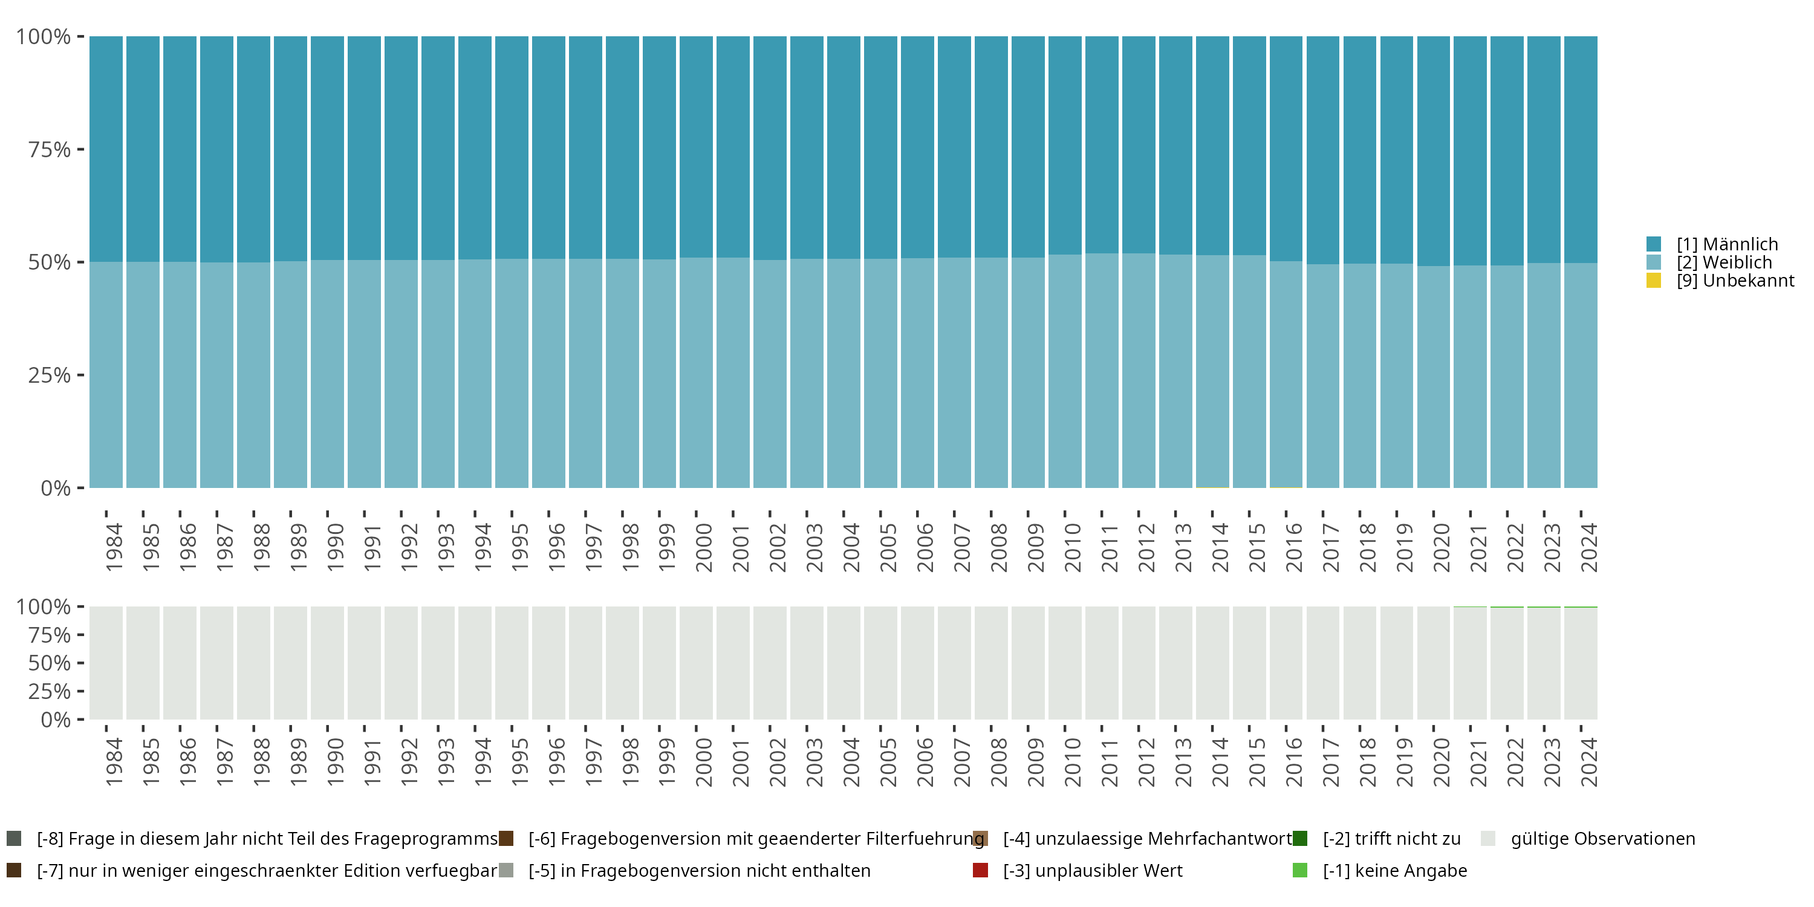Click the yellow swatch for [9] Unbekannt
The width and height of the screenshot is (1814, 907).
(1653, 281)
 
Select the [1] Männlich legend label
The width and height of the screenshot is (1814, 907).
(1727, 244)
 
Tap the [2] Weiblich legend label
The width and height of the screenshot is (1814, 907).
(1724, 262)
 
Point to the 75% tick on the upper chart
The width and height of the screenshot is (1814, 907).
(50, 149)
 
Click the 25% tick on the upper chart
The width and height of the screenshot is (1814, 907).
(50, 375)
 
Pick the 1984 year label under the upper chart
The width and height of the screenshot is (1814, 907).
(114, 547)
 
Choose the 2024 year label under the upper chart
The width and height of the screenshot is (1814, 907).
(1588, 547)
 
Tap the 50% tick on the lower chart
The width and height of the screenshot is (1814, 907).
(50, 663)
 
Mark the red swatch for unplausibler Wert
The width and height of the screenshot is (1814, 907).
(980, 870)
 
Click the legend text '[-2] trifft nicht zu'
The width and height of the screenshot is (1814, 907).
(1391, 839)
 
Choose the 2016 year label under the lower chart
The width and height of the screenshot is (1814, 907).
(1293, 762)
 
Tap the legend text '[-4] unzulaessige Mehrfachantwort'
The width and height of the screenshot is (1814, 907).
(1147, 839)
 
